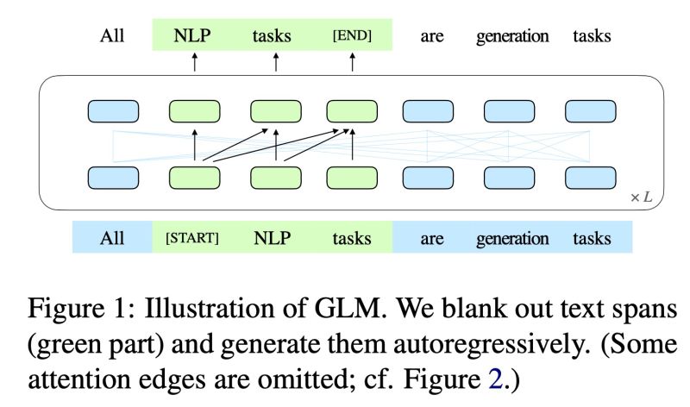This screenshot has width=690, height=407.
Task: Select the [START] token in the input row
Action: [x=191, y=238]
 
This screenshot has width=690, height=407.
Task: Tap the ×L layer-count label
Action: [x=641, y=197]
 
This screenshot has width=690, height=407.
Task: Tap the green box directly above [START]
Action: [x=194, y=177]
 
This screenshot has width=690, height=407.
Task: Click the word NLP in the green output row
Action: [x=194, y=36]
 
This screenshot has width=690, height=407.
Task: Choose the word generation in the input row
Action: [x=512, y=238]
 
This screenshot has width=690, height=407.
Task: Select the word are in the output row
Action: [x=432, y=36]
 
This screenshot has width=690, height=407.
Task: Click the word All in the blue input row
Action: [x=112, y=238]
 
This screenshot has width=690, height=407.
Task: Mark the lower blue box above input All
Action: [x=113, y=177]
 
